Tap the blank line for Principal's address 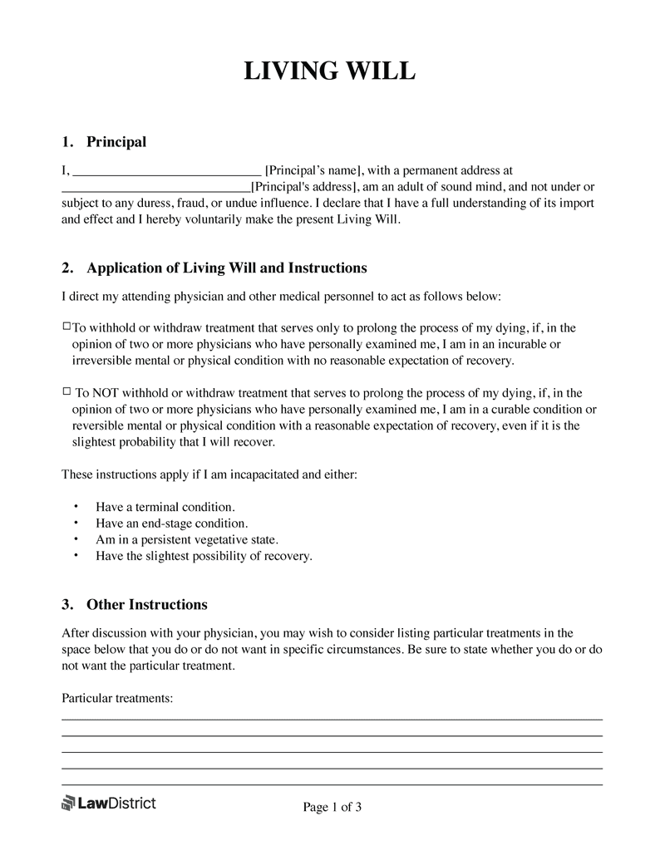(156, 189)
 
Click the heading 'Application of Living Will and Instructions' (226, 268)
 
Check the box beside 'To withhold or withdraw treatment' (66, 327)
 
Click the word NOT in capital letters (105, 393)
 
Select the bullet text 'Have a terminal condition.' (165, 506)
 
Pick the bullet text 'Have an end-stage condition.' (172, 523)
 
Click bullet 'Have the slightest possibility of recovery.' (204, 556)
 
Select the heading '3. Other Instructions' (135, 604)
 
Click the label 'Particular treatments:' (117, 699)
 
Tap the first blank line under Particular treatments (332, 719)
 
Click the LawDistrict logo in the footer (109, 803)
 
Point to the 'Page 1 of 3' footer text (332, 807)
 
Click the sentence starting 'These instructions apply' (209, 474)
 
